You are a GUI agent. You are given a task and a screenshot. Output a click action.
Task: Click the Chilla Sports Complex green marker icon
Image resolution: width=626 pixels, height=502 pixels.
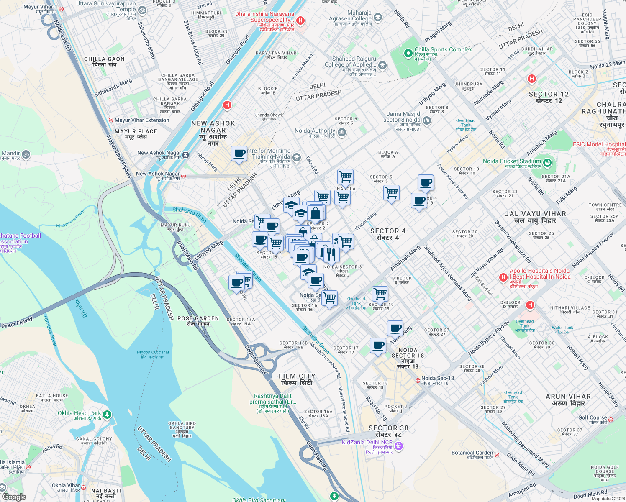pos(408,54)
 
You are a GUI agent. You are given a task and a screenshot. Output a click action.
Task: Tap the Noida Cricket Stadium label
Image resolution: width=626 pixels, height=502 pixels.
pos(512,161)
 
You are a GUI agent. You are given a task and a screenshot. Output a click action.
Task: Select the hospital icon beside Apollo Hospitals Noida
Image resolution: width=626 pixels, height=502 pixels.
pos(503,277)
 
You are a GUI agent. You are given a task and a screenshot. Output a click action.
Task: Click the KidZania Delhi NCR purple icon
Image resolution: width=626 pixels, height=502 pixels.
pos(399,446)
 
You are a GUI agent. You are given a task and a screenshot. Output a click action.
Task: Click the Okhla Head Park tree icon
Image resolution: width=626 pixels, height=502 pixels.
pos(107,415)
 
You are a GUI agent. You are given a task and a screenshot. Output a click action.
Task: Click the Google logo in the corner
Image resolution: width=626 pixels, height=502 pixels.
pos(14,497)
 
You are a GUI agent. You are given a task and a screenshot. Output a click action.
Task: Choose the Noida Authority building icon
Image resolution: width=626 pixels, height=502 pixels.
pos(341,133)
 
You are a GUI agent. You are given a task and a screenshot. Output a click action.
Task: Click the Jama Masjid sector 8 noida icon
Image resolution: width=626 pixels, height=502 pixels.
pos(426,121)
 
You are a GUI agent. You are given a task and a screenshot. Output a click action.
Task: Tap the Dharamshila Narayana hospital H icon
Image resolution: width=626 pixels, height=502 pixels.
pos(300,20)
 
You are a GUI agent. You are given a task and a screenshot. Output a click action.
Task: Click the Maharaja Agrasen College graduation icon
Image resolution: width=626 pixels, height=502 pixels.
pos(377,18)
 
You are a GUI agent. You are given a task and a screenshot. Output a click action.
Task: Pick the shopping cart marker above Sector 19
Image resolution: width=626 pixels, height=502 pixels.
pos(380,294)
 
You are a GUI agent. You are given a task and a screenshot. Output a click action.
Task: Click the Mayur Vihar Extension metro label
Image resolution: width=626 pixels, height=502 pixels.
pos(141,120)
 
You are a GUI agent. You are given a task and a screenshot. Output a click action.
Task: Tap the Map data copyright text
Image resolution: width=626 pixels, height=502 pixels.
pos(608,498)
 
